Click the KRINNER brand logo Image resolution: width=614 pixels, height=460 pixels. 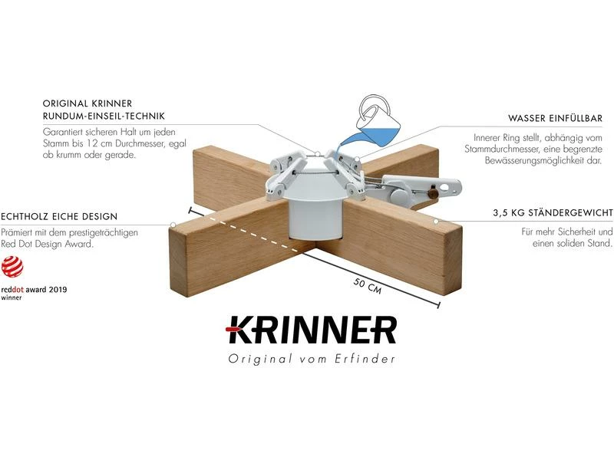pyautogui.click(x=311, y=330)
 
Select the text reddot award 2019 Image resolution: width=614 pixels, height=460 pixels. pyautogui.click(x=34, y=291)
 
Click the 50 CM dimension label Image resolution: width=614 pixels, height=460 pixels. pyautogui.click(x=369, y=285)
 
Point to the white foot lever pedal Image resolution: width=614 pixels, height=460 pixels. pyautogui.click(x=430, y=188)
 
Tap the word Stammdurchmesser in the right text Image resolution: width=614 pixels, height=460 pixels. pyautogui.click(x=519, y=149)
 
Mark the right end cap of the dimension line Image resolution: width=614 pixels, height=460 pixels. pyautogui.click(x=437, y=305)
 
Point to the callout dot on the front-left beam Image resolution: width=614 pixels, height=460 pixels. pyautogui.click(x=174, y=225)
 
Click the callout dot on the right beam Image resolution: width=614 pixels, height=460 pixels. pyautogui.click(x=435, y=221)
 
